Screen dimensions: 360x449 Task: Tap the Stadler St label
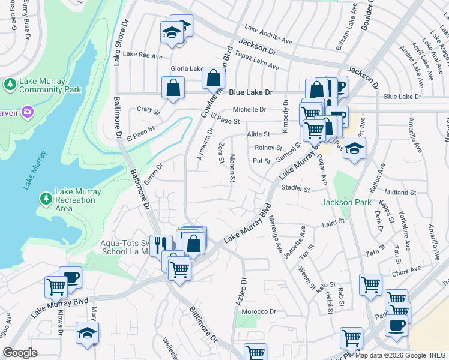point(295,189)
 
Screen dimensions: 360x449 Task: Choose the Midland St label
point(400,193)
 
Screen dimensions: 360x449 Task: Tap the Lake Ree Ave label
point(142,55)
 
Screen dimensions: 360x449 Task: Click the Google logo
point(20,352)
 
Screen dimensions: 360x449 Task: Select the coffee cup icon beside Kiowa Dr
point(70,278)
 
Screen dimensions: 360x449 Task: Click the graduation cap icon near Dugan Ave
point(354,149)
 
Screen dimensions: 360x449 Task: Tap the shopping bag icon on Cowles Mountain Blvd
point(213,78)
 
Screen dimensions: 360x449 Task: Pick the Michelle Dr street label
point(249,109)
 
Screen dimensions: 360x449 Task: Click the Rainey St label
point(268,147)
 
